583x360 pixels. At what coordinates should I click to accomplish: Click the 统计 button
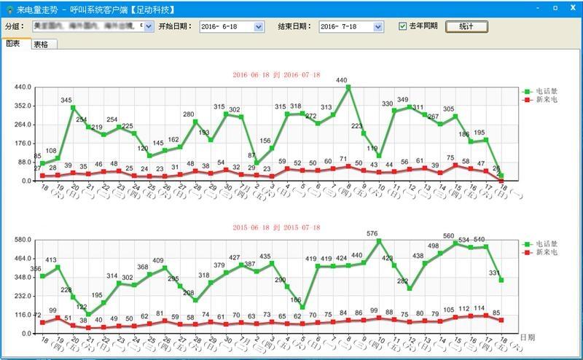coord(466,26)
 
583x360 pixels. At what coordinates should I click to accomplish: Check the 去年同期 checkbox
coord(403,26)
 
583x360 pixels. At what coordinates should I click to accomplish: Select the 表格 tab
coord(41,44)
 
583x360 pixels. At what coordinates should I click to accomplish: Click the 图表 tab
coord(14,44)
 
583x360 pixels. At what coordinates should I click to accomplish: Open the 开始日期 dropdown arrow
coord(259,26)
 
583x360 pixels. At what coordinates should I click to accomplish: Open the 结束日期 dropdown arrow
coord(378,26)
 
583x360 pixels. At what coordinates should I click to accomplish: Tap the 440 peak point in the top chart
coord(348,87)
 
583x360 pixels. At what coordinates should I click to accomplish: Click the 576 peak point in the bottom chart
coord(379,240)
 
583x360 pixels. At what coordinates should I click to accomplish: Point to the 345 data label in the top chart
coord(66,100)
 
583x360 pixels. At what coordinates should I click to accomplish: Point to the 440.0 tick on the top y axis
coord(23,87)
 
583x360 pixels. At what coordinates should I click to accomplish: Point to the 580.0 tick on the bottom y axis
coord(23,240)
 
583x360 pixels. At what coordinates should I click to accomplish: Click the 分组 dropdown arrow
coord(149,26)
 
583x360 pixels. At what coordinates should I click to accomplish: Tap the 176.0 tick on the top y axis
coord(23,144)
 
